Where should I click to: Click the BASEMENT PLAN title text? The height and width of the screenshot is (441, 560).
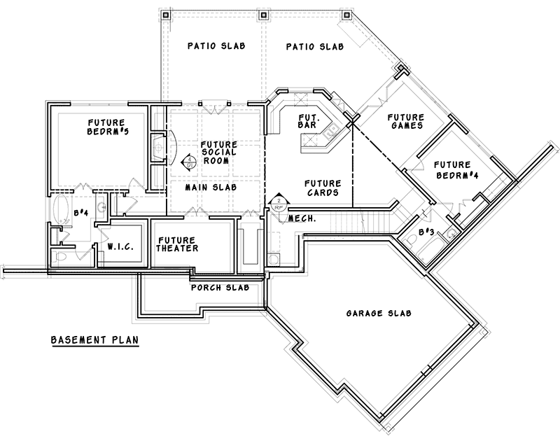pos(94,341)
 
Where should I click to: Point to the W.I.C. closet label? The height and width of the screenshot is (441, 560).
pos(121,247)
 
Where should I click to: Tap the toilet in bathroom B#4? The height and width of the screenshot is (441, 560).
pos(62,258)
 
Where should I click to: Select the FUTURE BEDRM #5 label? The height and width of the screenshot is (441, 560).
pos(97,127)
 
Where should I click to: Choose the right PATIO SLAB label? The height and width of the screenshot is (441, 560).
pos(314,47)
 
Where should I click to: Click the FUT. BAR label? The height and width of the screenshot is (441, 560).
pos(309,120)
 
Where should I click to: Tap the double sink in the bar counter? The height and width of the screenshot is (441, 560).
pos(327,129)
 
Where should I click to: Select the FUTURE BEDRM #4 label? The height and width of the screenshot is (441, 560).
pos(456,168)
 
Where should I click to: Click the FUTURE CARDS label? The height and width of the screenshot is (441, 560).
pos(323,188)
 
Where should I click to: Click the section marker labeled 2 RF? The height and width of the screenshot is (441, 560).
pos(278,202)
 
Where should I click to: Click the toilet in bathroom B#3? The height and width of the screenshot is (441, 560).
pos(414,239)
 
